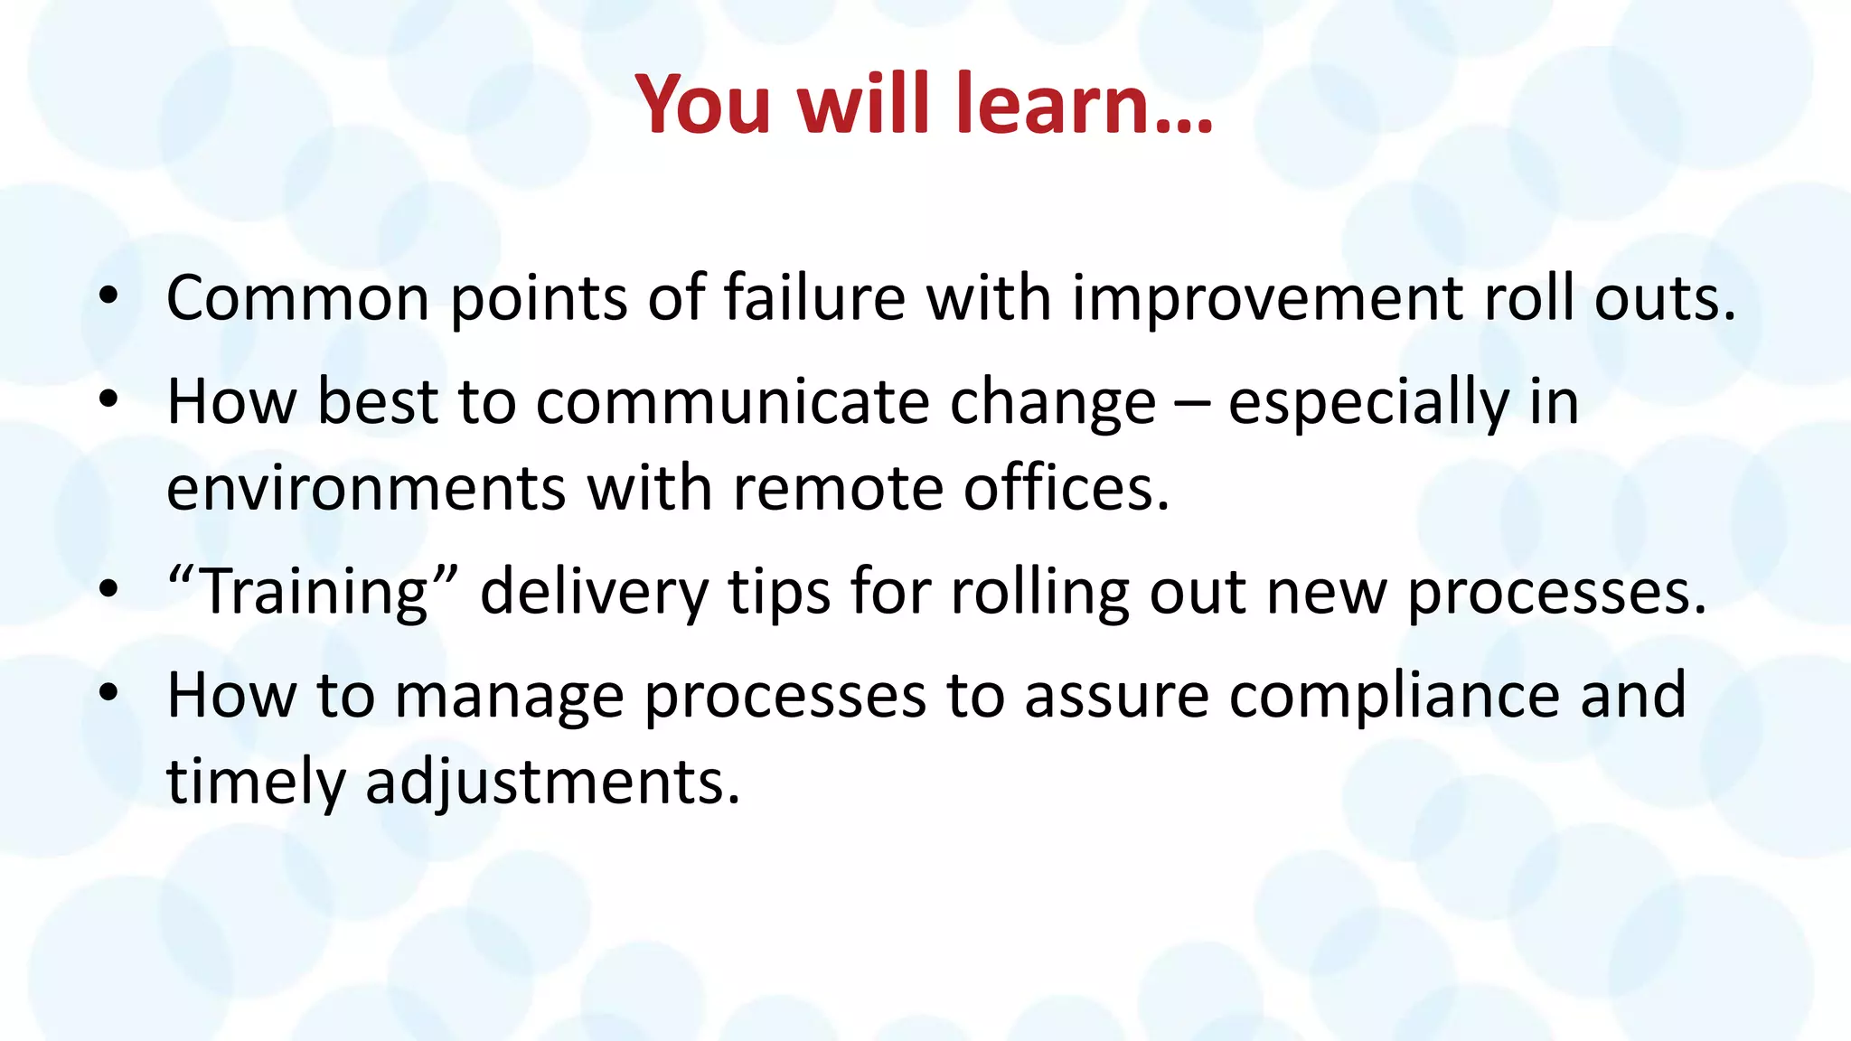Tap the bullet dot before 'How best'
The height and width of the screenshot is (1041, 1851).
tap(108, 399)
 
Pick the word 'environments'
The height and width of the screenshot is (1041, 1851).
tap(365, 489)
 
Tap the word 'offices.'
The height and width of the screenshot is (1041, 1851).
tap(1066, 489)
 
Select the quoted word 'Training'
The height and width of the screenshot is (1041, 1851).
tap(313, 593)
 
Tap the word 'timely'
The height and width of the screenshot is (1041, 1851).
tap(256, 782)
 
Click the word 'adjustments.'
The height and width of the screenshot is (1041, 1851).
tap(552, 783)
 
